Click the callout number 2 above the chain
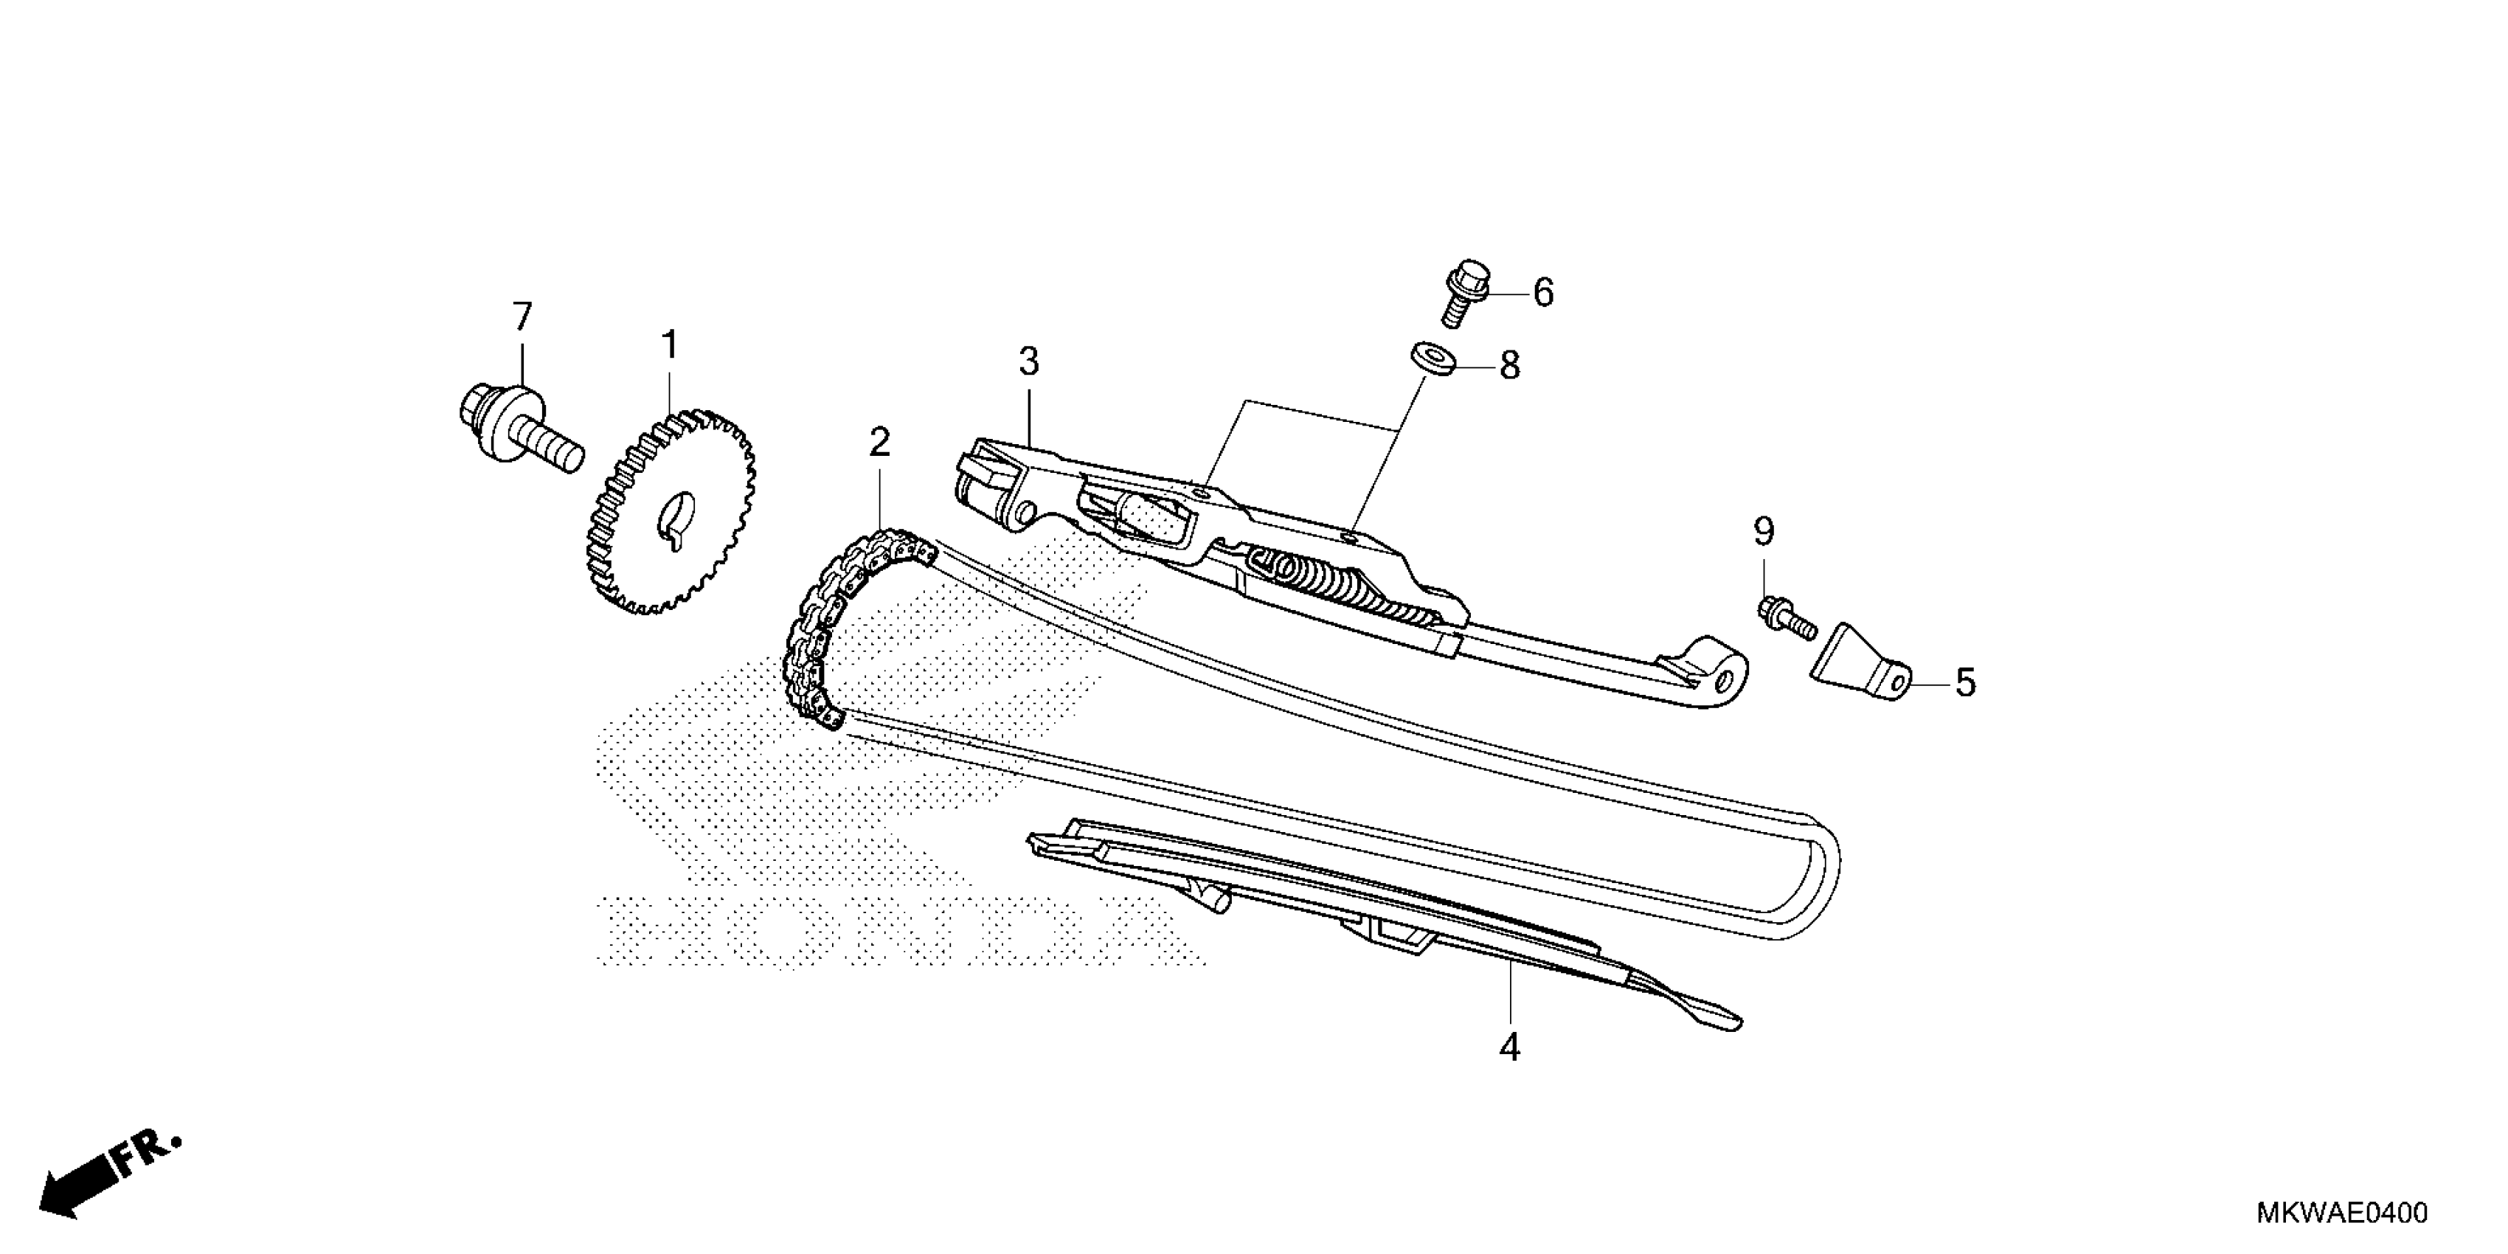coord(879,443)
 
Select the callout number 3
coord(1029,362)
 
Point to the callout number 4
coord(1509,1047)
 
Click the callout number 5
coord(1966,684)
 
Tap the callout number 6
coord(1544,292)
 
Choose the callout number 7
coord(523,316)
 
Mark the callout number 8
coord(1509,366)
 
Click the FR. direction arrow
coord(107,1176)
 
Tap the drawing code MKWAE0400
coord(2341,1213)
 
